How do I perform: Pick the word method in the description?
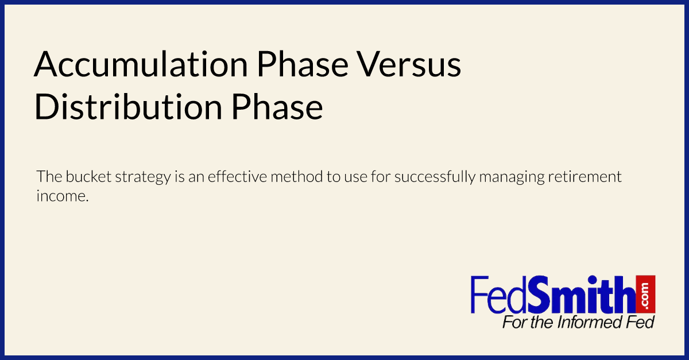296,176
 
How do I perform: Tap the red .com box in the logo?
647,293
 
